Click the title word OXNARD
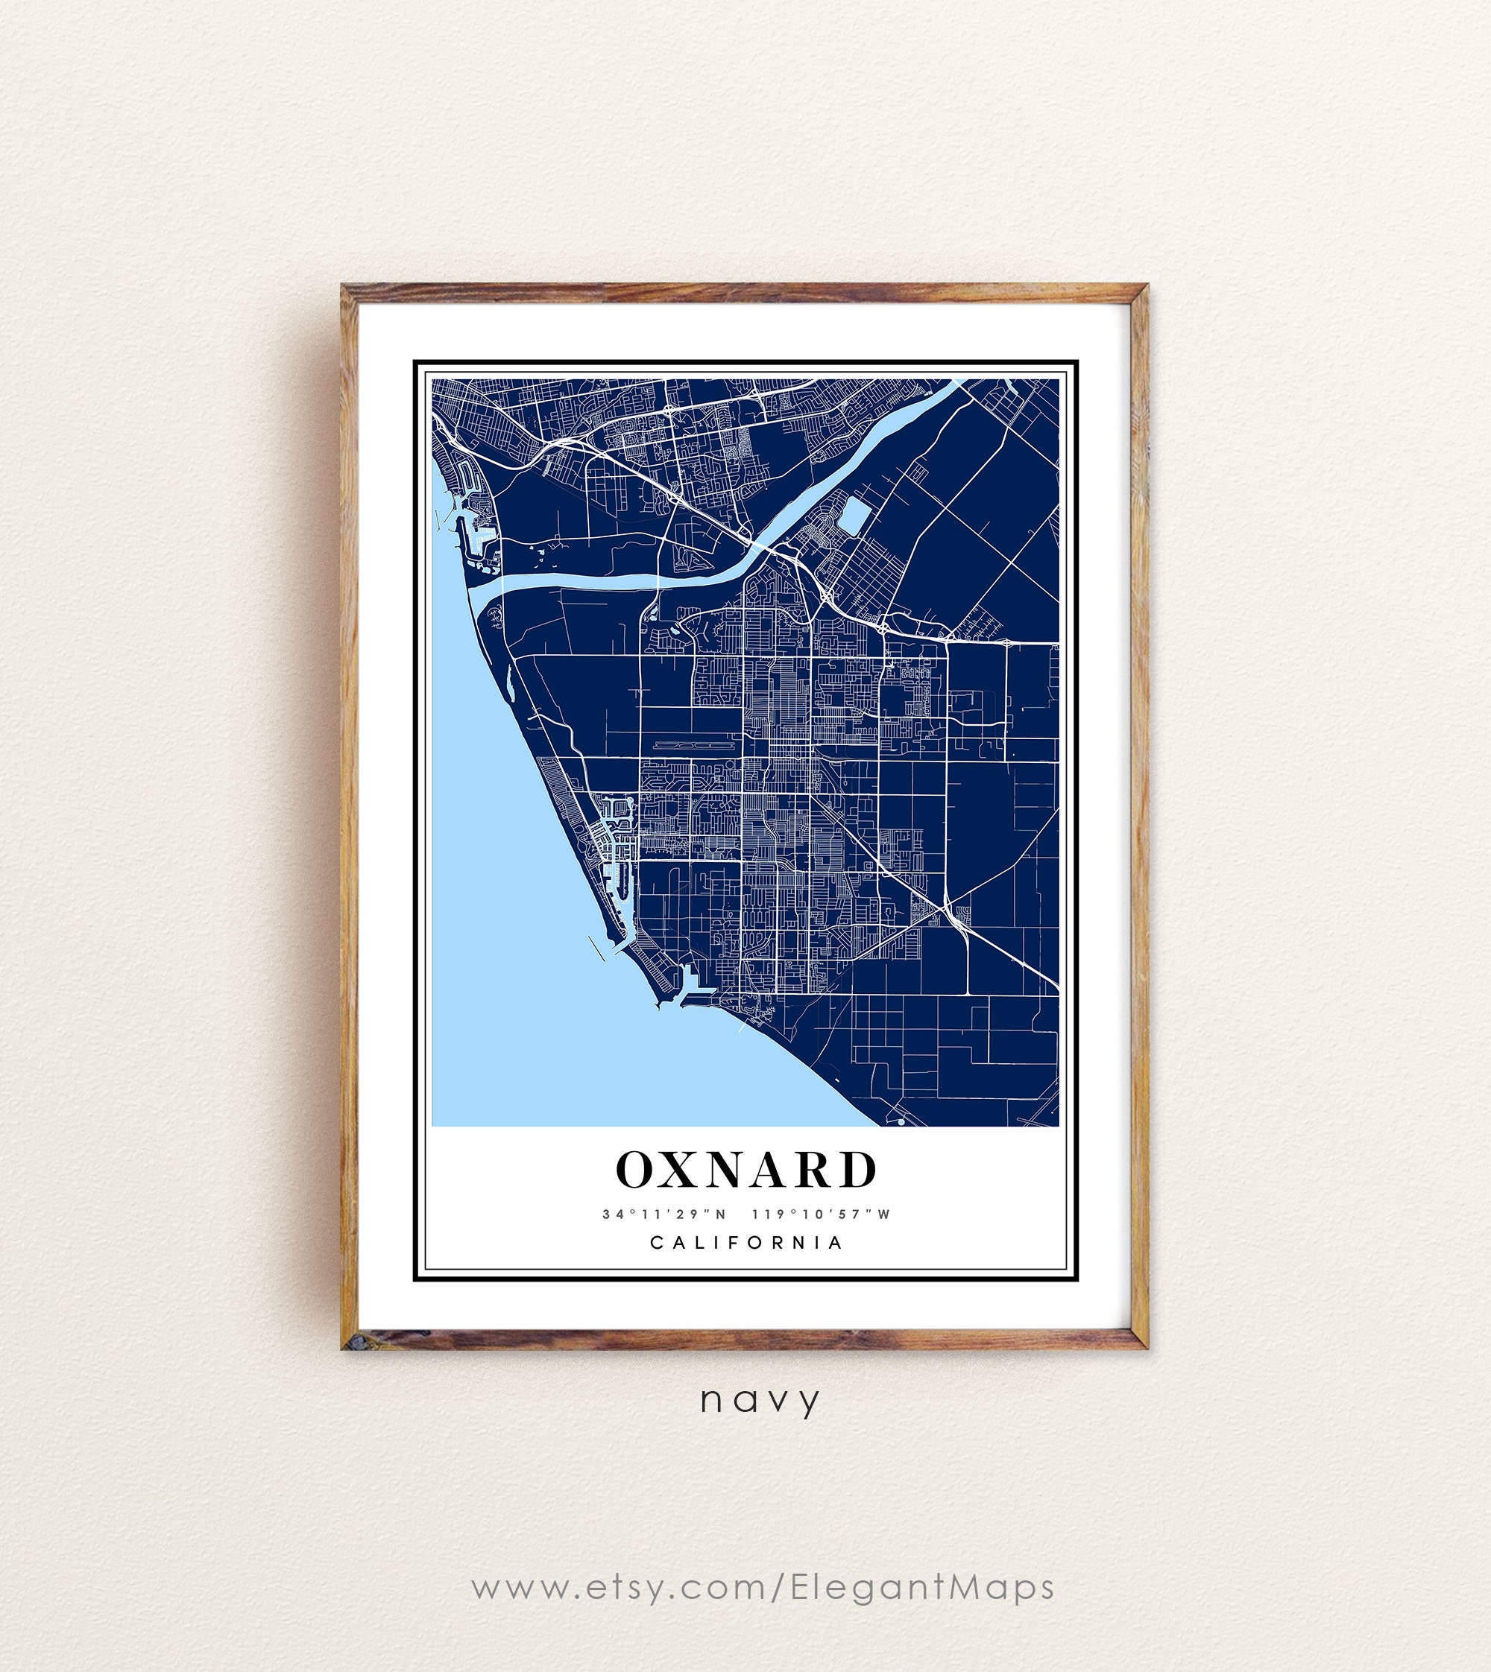coord(745,1170)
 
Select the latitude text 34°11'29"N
coord(664,1215)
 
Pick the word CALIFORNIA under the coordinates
coord(746,1243)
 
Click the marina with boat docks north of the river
coord(475,524)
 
